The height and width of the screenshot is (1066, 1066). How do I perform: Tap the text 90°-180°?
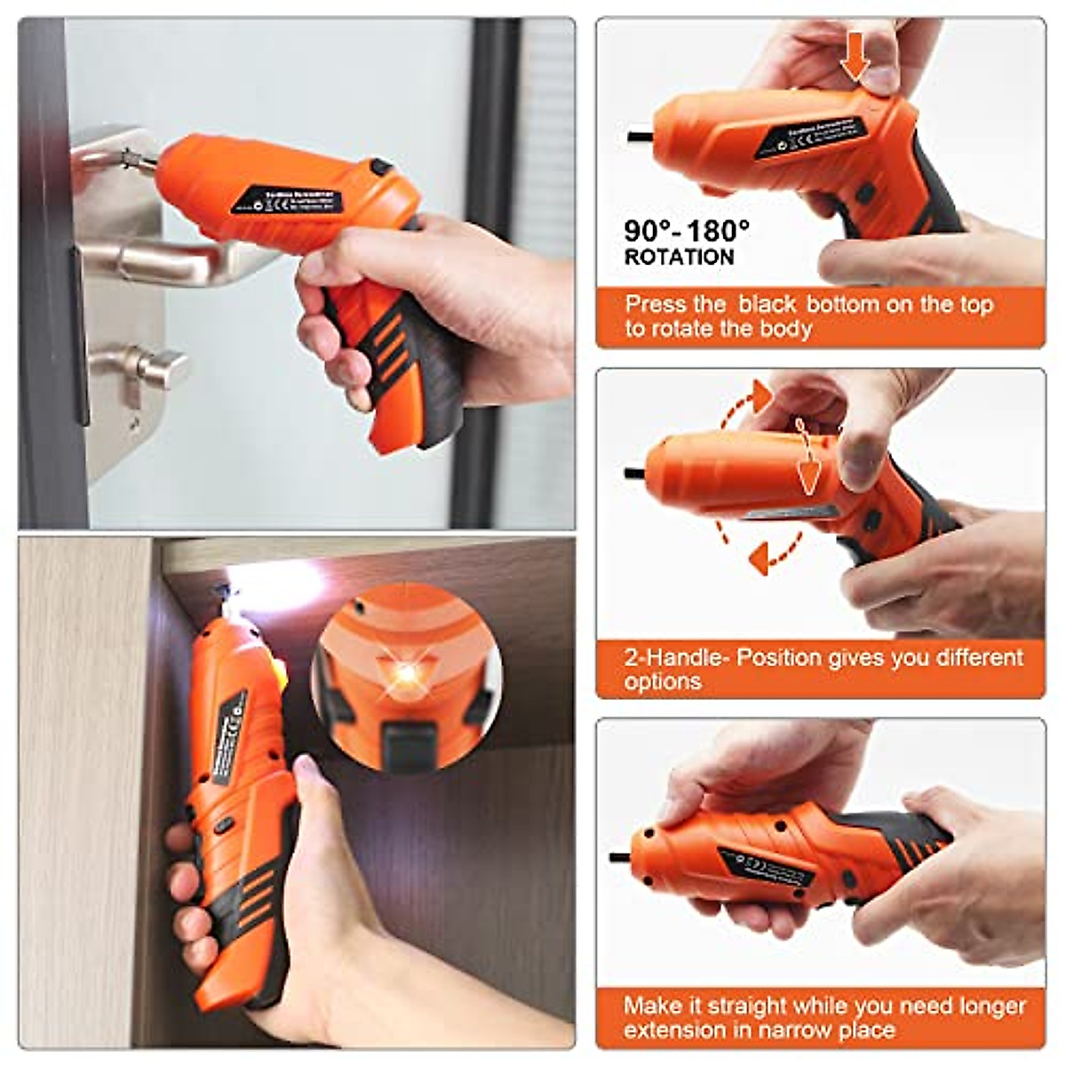687,231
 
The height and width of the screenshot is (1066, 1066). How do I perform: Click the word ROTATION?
680,258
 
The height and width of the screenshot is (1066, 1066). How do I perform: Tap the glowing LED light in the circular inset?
407,673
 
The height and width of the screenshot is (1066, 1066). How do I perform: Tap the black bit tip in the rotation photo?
639,137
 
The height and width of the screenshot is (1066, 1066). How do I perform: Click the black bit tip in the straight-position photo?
618,857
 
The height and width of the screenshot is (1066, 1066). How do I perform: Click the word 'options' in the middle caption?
663,682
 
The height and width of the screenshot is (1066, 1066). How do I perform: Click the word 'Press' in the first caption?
655,305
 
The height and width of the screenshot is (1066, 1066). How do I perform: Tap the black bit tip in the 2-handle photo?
634,473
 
